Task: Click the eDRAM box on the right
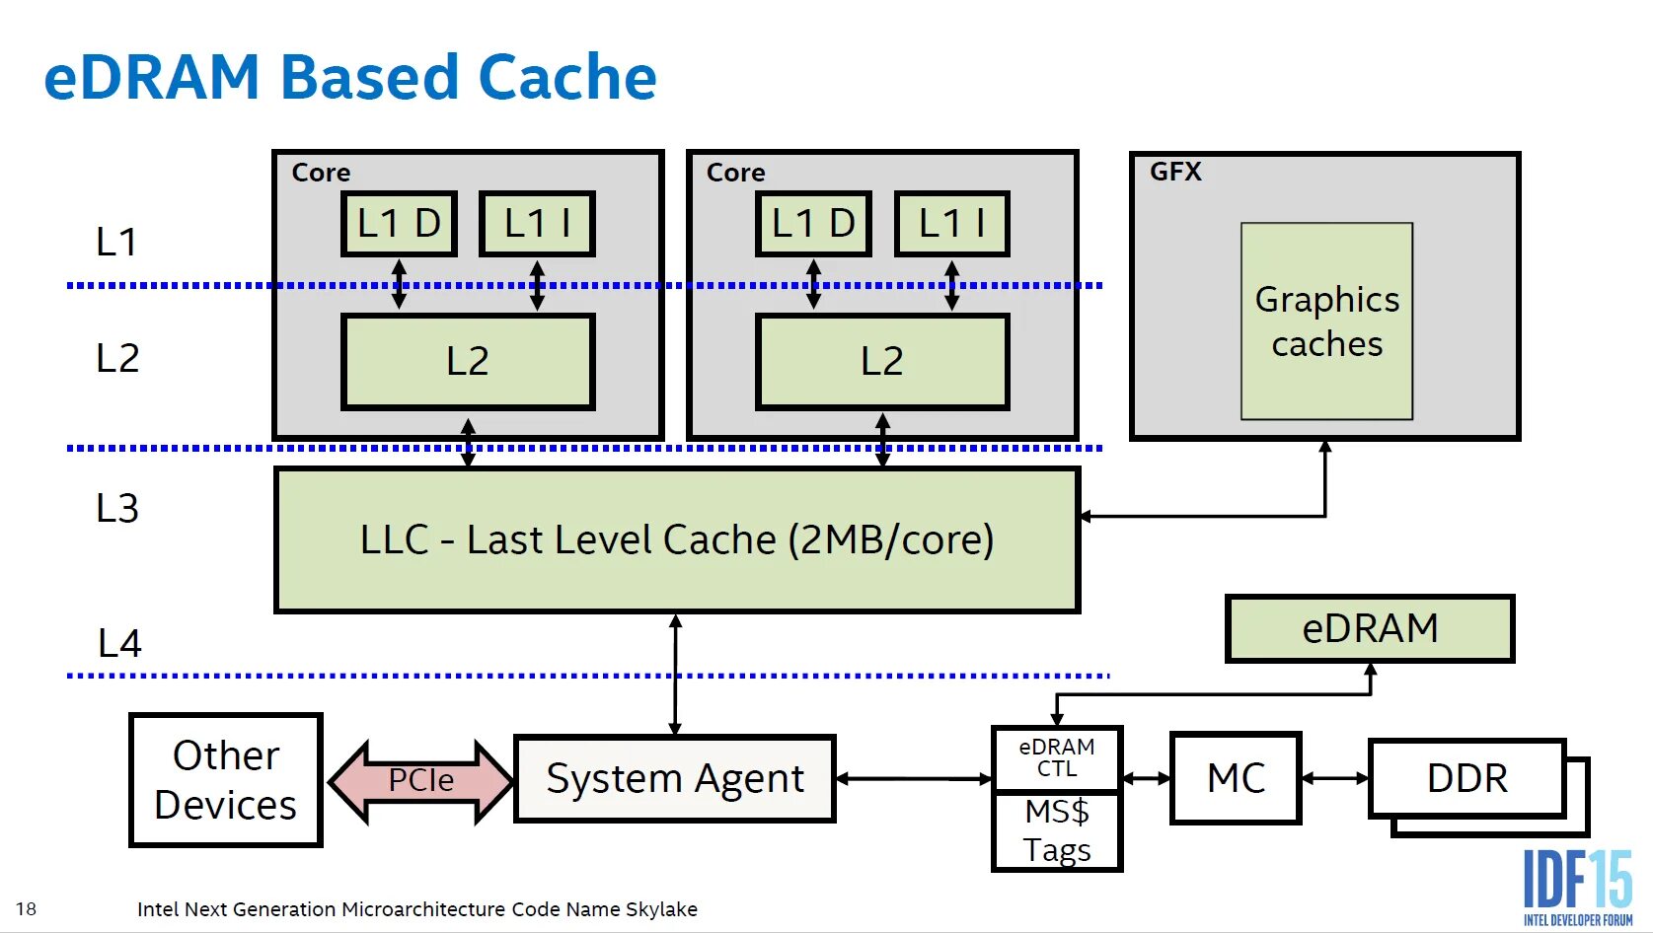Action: click(x=1370, y=628)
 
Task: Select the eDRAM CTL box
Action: click(x=1057, y=758)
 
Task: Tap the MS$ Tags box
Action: click(x=1057, y=831)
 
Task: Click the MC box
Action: click(x=1237, y=778)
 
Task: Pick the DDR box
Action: click(x=1467, y=778)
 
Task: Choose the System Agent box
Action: click(x=674, y=779)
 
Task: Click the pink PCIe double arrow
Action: click(x=420, y=780)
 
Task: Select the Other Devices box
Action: click(x=226, y=779)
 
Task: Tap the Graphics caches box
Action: click(x=1326, y=322)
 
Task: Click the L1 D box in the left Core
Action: click(x=400, y=224)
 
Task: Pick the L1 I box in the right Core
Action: click(x=952, y=224)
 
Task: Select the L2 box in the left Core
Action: click(x=468, y=361)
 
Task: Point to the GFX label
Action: click(x=1175, y=171)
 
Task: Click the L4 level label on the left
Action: click(x=118, y=643)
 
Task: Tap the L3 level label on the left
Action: click(x=117, y=508)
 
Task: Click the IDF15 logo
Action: click(x=1578, y=888)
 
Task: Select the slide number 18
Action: click(x=26, y=908)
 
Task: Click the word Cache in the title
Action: click(x=567, y=77)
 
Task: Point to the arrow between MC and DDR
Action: click(x=1335, y=778)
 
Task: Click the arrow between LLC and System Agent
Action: click(x=675, y=675)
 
